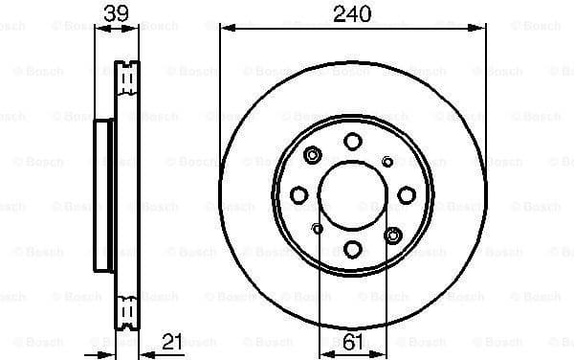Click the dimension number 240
[351, 14]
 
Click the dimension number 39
[116, 14]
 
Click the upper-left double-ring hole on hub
[313, 153]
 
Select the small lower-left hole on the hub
[317, 227]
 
